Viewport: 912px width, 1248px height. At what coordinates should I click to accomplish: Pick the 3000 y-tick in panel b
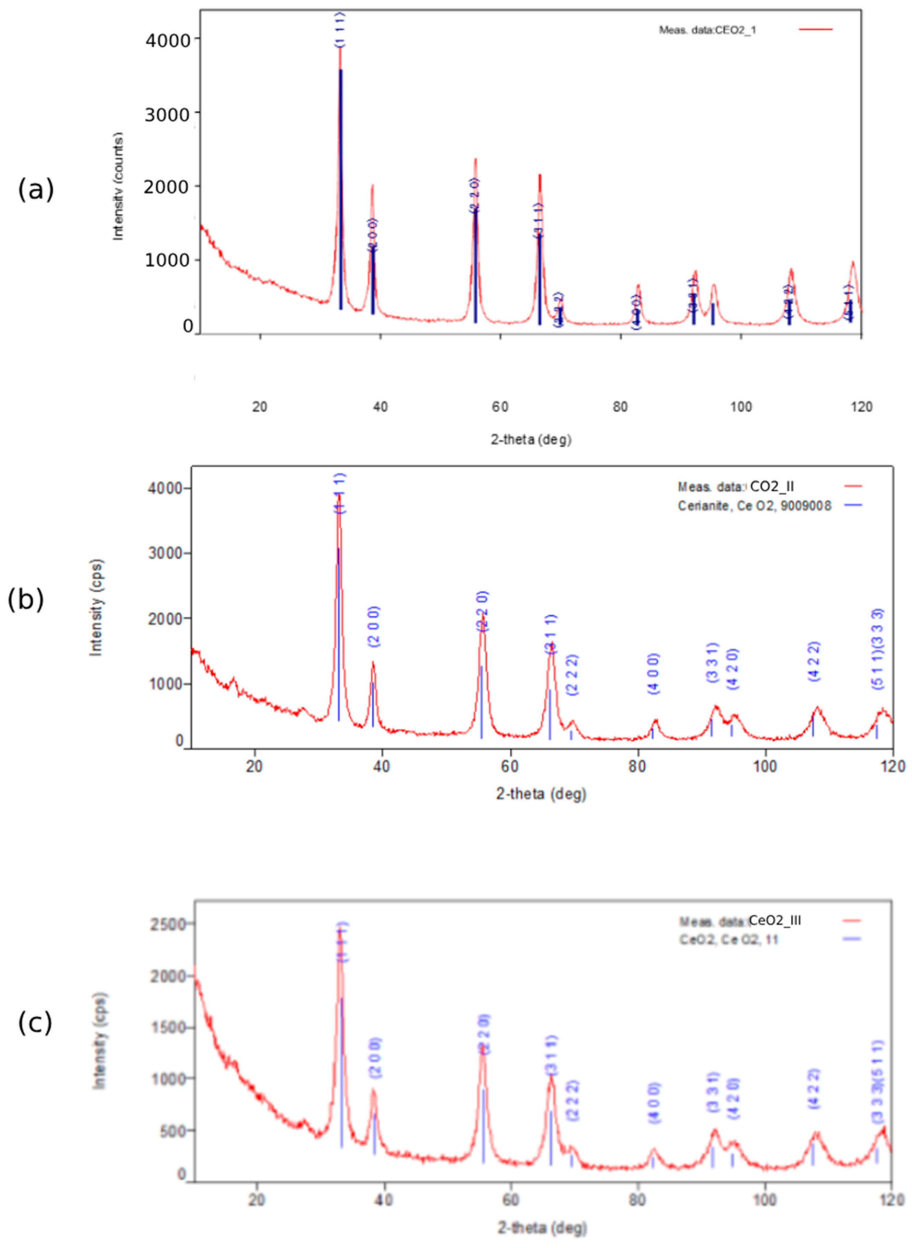tap(166, 553)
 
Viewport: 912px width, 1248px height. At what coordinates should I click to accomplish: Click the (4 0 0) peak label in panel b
tap(654, 674)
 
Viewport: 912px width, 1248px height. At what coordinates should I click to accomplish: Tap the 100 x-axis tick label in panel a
tap(741, 407)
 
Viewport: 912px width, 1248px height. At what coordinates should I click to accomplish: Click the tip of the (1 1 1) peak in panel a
tap(340, 49)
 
